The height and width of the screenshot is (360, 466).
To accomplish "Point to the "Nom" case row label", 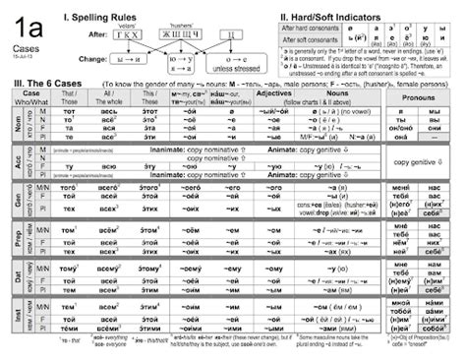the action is [17, 126].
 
